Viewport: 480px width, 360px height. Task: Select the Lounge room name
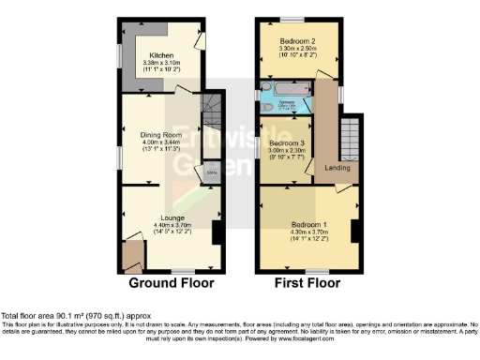click(x=172, y=217)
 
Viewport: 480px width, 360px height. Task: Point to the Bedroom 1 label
click(x=308, y=225)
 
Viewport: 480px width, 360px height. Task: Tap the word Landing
click(x=337, y=169)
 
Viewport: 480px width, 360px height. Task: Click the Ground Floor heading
click(x=171, y=283)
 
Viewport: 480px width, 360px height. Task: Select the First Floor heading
click(x=307, y=283)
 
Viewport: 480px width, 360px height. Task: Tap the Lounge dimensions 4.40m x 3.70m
click(x=172, y=225)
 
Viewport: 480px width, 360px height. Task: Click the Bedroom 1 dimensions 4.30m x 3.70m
click(x=308, y=232)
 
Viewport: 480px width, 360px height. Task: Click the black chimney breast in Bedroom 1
click(x=354, y=231)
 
